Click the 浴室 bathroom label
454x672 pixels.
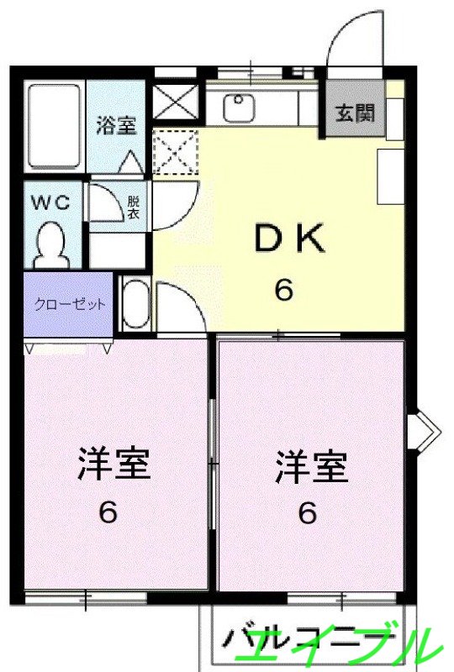click(x=116, y=126)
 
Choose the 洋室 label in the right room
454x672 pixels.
click(x=312, y=468)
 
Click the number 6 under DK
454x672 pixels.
click(x=284, y=291)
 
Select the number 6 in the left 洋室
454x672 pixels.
click(x=108, y=512)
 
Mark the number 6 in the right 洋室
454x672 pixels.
click(x=308, y=512)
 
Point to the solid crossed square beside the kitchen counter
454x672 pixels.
click(x=174, y=103)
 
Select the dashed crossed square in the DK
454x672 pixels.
click(x=175, y=151)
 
